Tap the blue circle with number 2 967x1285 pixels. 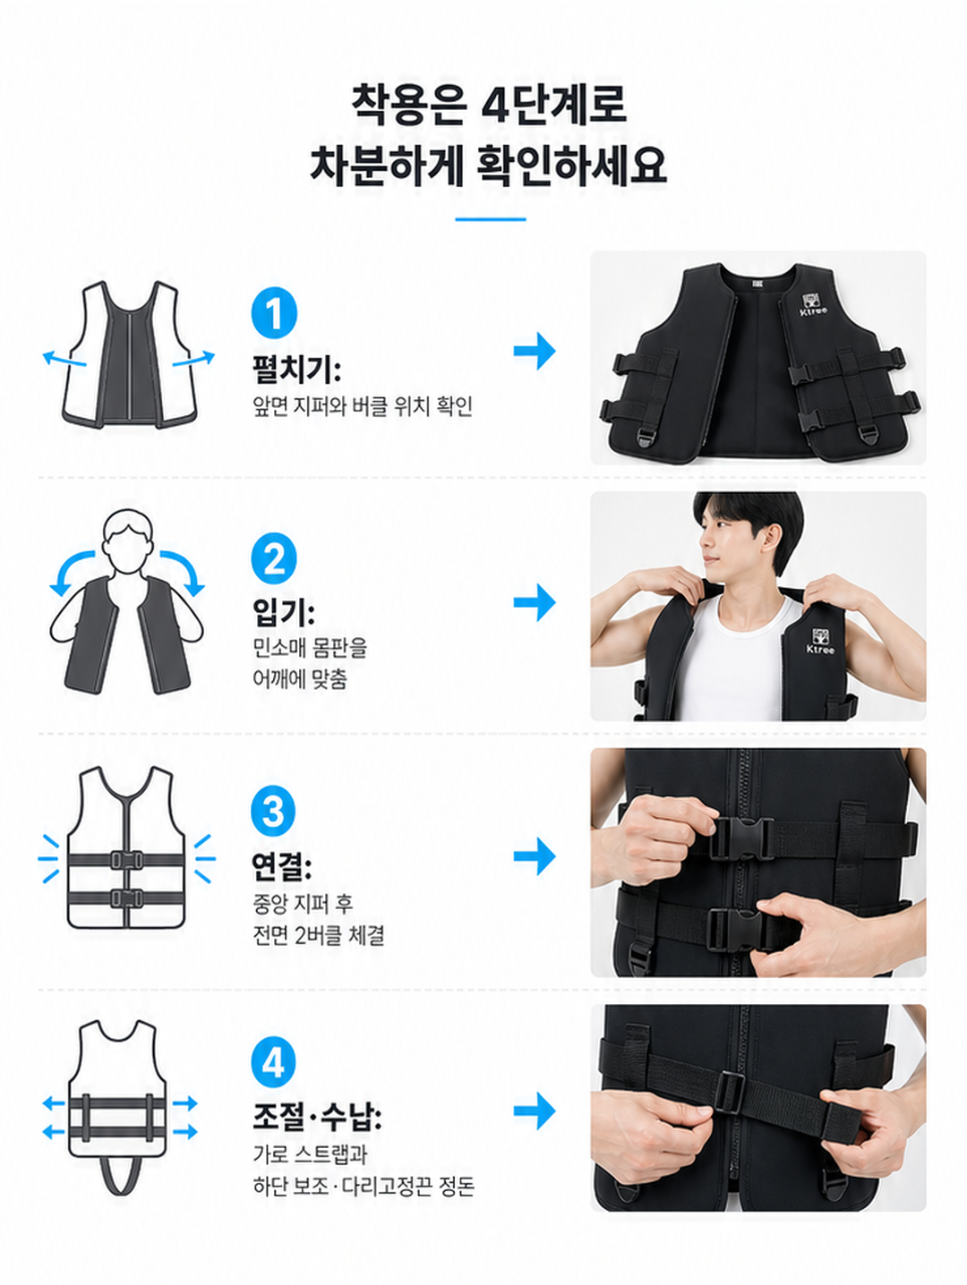click(274, 557)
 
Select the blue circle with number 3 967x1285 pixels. click(273, 812)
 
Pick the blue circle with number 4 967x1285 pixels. click(273, 1062)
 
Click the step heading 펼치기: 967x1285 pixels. click(296, 370)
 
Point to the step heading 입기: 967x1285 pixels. click(284, 613)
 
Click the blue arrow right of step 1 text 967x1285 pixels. click(535, 352)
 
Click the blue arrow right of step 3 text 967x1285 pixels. click(535, 855)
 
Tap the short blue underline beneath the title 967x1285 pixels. click(491, 219)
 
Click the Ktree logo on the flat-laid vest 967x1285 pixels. click(814, 303)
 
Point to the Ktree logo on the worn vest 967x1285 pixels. click(820, 641)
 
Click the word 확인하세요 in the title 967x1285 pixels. click(570, 166)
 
